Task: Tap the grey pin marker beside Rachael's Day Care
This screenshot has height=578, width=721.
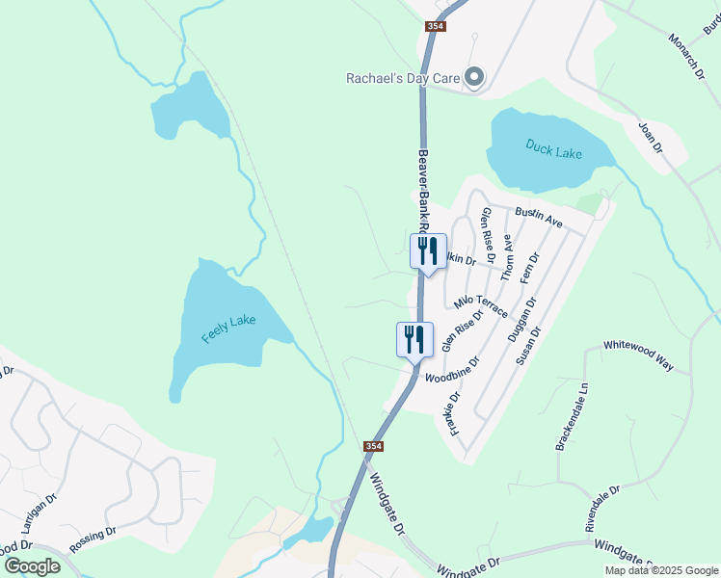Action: pyautogui.click(x=474, y=76)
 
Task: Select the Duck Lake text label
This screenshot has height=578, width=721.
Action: pyautogui.click(x=554, y=149)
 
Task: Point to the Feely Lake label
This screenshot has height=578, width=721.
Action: pyautogui.click(x=228, y=327)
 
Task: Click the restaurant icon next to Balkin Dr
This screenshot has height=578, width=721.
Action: pyautogui.click(x=427, y=251)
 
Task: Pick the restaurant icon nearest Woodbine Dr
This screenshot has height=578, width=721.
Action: pyautogui.click(x=414, y=340)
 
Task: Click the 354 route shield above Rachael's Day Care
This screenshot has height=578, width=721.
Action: pyautogui.click(x=435, y=26)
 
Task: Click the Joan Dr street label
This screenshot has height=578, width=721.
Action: pyautogui.click(x=651, y=137)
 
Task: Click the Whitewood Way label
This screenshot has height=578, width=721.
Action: pyautogui.click(x=638, y=355)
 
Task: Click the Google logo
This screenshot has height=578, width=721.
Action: pyautogui.click(x=33, y=565)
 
